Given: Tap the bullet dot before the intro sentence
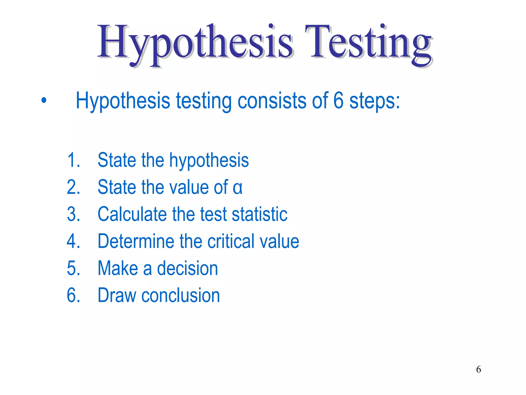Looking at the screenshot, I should (44, 100).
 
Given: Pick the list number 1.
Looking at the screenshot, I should (73, 160).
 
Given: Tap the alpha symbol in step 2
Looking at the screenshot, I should (237, 187).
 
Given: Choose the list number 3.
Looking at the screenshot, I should (73, 214).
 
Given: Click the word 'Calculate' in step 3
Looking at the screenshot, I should (132, 214).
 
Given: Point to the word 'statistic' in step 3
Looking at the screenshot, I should (259, 214).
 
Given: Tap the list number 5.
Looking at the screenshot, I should (73, 268).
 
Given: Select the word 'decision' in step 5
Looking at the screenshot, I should (187, 268).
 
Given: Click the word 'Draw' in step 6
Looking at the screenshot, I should (117, 295).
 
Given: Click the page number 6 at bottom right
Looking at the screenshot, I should (478, 369).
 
